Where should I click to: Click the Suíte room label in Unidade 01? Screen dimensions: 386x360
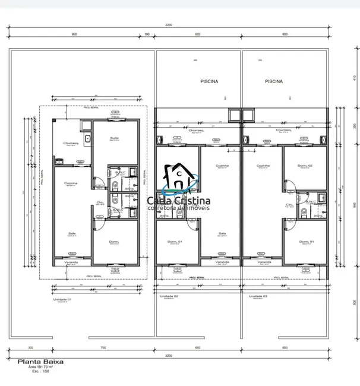pos(114,138)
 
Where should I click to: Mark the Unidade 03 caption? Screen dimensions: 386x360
pos(258,296)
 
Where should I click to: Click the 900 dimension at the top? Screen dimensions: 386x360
pos(74,34)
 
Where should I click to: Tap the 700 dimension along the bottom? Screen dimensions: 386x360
pos(103,347)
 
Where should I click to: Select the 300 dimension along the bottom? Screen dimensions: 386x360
pos(30,347)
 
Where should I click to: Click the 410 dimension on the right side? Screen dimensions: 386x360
pos(353,78)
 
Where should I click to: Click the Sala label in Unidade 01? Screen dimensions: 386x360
pos(72,233)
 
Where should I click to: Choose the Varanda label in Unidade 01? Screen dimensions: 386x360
pos(71,260)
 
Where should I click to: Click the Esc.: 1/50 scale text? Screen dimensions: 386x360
pos(40,374)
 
